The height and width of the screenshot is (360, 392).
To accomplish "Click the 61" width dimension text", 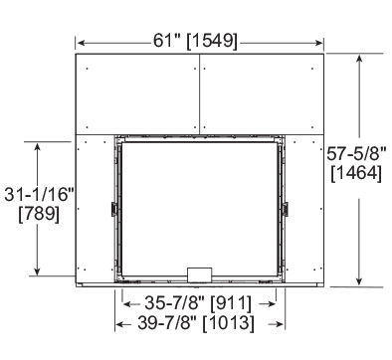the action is point(167,41).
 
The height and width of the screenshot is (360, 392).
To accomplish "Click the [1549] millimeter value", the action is point(212,42).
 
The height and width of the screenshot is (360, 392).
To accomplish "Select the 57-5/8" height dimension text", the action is point(356,154).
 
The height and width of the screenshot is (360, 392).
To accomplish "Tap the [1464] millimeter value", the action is point(356,173).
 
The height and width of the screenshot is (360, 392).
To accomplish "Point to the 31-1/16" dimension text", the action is point(39,194).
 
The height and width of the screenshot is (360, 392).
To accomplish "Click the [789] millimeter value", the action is point(39,214).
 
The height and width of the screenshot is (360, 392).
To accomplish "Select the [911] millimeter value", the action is point(232,303).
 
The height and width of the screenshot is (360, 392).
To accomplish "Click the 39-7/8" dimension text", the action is point(168,322).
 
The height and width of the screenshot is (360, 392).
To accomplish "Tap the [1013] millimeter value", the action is point(229,323).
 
